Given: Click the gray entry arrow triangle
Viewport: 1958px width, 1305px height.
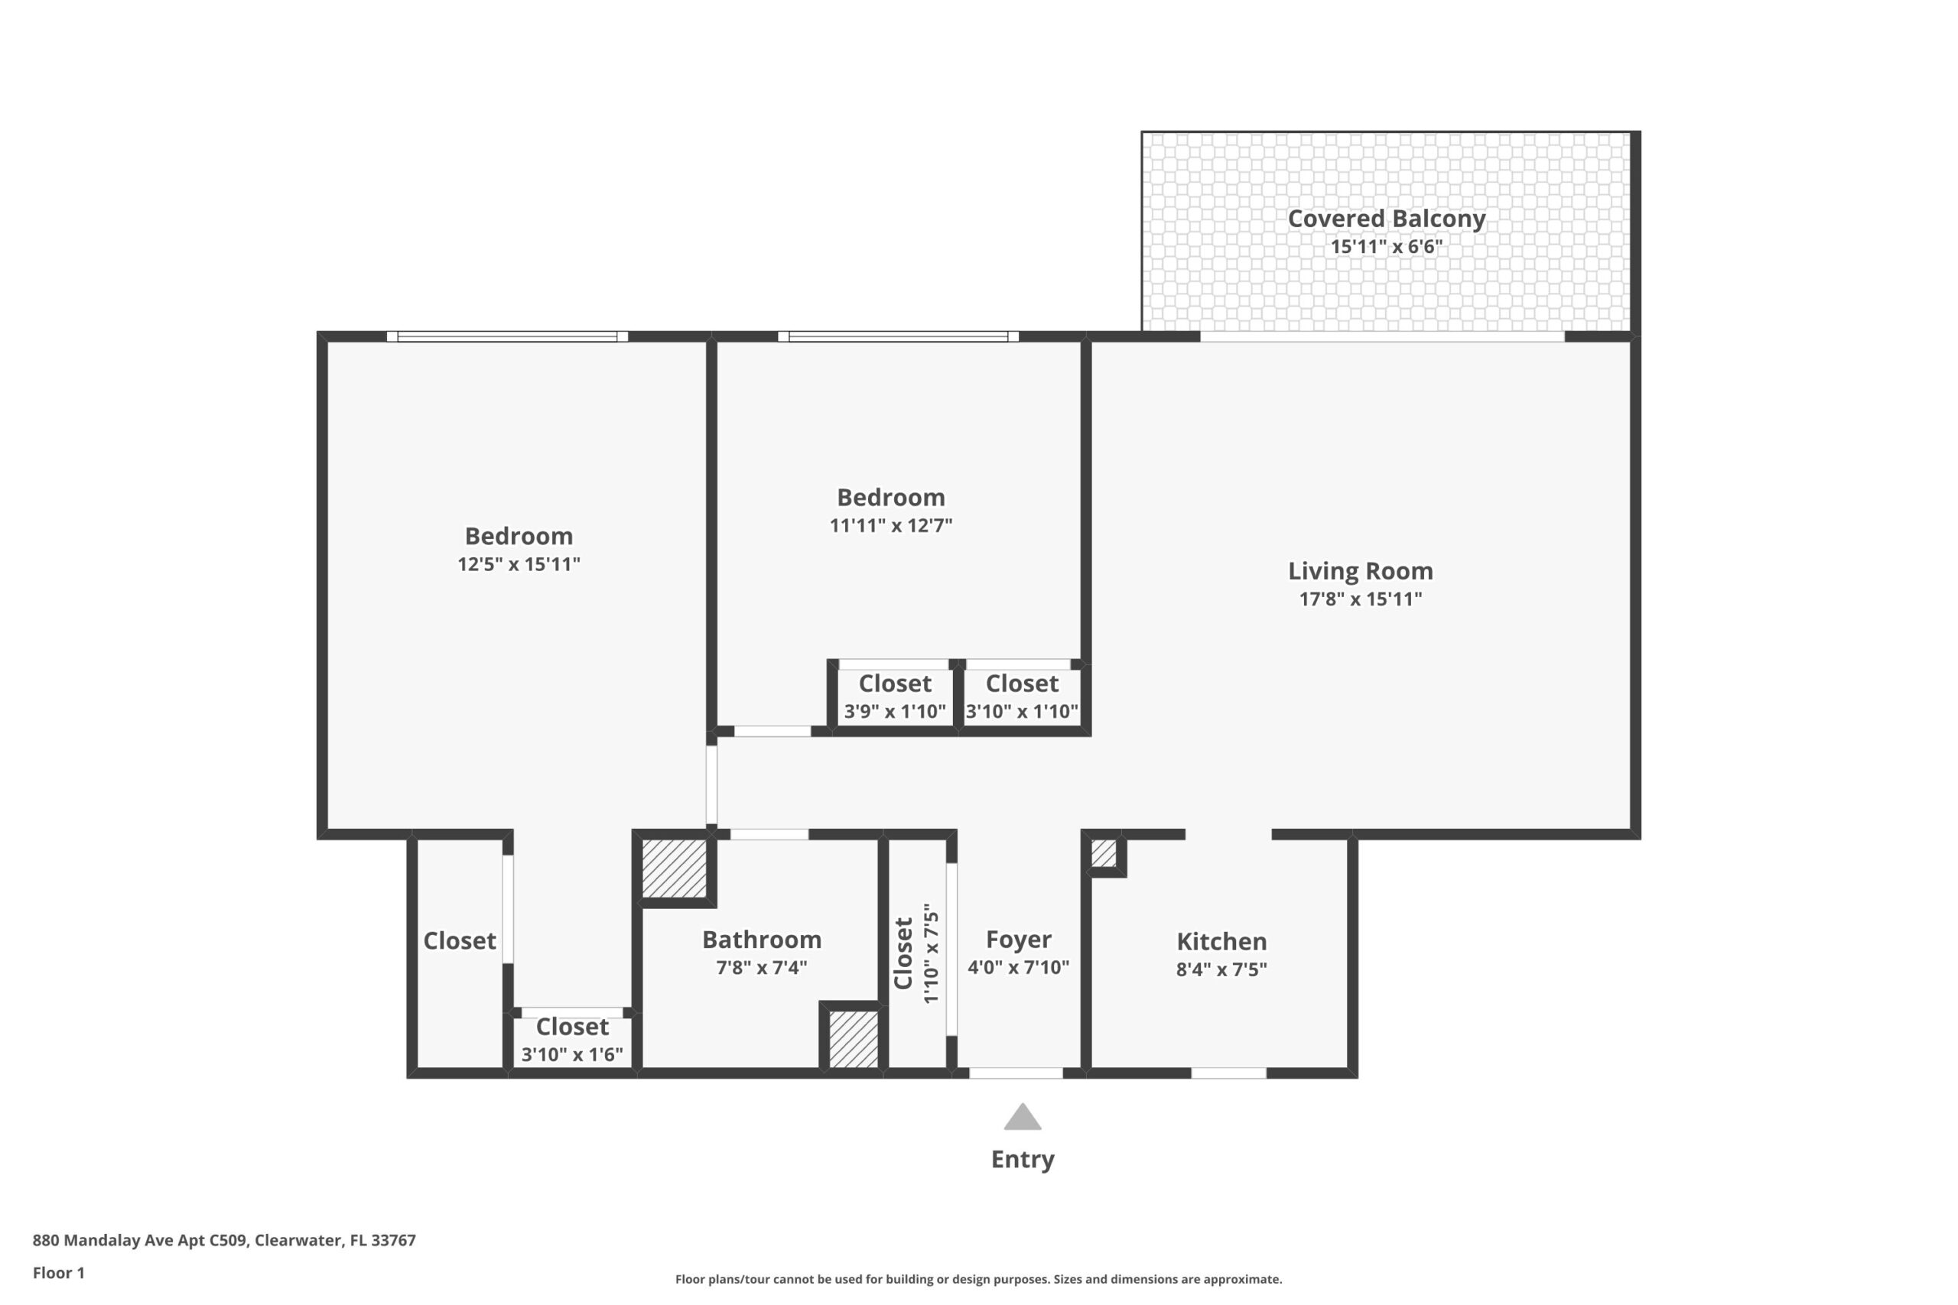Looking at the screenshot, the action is click(1023, 1118).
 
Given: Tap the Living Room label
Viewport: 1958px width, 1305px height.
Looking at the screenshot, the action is click(1361, 571).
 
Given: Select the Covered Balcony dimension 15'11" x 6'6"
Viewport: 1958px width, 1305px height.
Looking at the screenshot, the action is click(1386, 246).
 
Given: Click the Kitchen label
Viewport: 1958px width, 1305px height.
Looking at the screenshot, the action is click(1221, 941).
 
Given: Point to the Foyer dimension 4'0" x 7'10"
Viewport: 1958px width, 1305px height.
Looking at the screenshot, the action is click(1018, 967).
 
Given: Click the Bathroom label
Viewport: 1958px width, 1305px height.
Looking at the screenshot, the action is click(762, 940).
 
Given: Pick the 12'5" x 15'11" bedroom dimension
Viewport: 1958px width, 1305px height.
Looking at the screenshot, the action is click(519, 564).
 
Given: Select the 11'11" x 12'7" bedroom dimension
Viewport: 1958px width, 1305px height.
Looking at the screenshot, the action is click(891, 525).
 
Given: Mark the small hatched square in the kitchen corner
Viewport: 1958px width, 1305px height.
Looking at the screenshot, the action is click(1104, 853).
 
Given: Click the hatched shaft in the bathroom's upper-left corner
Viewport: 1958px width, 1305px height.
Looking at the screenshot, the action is click(675, 867).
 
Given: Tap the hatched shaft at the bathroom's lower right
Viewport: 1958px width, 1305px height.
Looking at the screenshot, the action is click(854, 1039).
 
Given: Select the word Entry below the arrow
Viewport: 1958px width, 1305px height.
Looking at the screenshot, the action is click(1023, 1159).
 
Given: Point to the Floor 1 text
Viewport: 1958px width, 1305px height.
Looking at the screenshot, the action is click(58, 1273).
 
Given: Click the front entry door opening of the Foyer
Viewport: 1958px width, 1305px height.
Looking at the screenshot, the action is click(1016, 1073).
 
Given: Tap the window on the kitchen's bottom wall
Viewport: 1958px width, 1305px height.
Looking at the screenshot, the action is click(1229, 1073).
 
